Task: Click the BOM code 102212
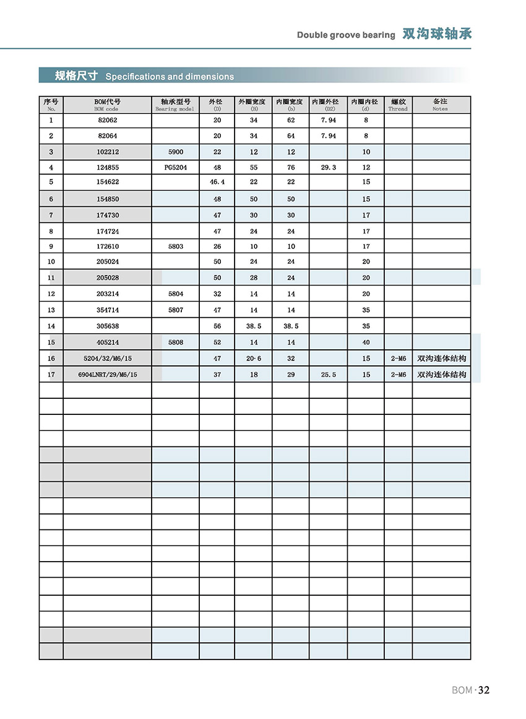[108, 152]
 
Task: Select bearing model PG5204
[175, 168]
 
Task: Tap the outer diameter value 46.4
[217, 182]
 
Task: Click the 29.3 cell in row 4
[329, 168]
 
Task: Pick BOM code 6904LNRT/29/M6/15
[108, 375]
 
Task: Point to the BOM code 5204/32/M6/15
[108, 359]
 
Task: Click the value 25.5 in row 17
[329, 375]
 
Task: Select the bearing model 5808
[175, 342]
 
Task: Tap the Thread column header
[398, 104]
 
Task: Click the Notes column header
[440, 104]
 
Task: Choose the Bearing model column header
[175, 104]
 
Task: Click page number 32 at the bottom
[483, 691]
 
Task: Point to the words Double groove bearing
[345, 35]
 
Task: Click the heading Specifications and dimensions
[170, 77]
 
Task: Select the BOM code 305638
[108, 326]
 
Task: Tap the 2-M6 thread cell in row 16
[398, 359]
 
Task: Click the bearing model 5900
[175, 152]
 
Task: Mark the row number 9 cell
[51, 246]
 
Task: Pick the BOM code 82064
[108, 136]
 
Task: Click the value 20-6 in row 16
[254, 359]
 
